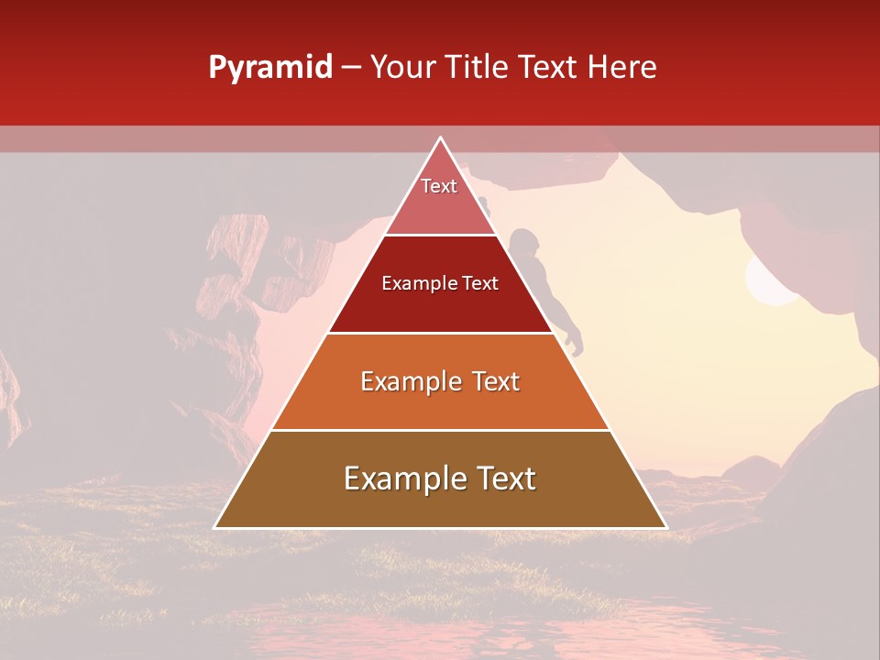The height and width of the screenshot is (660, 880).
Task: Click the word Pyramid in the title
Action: pos(269,68)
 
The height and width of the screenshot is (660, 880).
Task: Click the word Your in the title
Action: pos(405,67)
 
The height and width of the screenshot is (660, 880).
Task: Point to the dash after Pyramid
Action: pos(351,68)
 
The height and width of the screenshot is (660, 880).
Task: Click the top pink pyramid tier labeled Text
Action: pos(439,197)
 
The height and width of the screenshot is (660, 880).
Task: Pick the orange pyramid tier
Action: pos(440,394)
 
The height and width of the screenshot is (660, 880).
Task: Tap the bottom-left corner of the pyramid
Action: pos(216,527)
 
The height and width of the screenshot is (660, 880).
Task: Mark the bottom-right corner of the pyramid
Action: pos(665,527)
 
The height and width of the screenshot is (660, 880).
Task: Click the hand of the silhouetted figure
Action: pos(574,346)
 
